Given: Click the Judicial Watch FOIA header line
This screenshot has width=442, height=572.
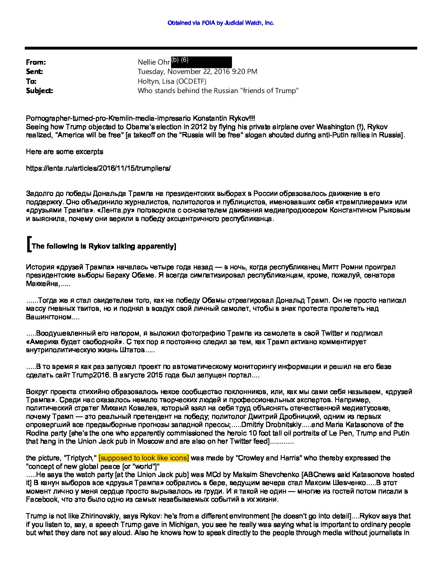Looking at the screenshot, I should (221, 23).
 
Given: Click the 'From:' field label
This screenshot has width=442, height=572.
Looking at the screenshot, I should (36, 62).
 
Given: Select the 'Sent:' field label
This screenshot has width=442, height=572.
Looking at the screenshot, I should (35, 71).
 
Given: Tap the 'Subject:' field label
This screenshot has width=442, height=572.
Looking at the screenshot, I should (39, 91).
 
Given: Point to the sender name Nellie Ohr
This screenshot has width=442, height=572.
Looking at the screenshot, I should (154, 62).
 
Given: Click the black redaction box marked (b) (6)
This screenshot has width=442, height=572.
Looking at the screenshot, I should (201, 62).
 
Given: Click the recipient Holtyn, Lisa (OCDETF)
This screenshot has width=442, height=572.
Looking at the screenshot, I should (172, 81).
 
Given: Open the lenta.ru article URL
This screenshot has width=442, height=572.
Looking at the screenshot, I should (98, 168).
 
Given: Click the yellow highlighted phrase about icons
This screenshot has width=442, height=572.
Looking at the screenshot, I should (144, 458).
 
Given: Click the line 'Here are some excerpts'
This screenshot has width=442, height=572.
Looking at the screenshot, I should (64, 152).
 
